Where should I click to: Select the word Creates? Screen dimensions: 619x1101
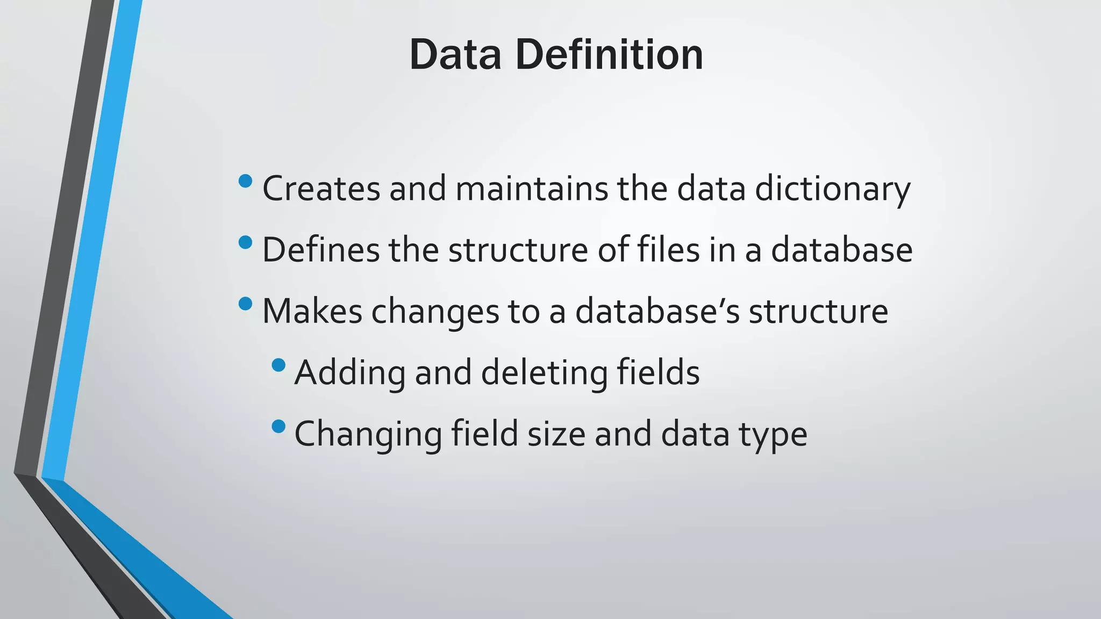point(321,189)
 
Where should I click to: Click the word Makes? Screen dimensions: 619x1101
point(312,312)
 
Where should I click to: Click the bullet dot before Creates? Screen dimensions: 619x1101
point(245,181)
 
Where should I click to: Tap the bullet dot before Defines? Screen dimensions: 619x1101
point(245,242)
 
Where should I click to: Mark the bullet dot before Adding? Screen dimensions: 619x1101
point(278,365)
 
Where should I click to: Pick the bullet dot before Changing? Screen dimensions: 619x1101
point(278,427)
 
